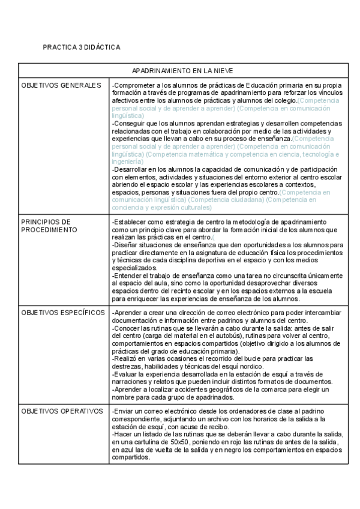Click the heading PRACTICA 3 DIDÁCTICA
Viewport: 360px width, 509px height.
pyautogui.click(x=81, y=47)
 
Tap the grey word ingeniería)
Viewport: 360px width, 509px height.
pyautogui.click(x=127, y=161)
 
